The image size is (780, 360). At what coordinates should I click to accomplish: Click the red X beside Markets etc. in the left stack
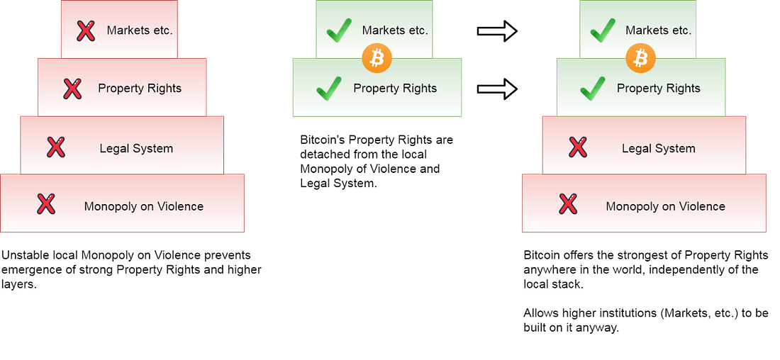point(86,31)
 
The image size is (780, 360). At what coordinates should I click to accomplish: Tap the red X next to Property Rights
point(72,89)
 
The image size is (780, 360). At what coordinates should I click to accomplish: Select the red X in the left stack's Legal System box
point(56,147)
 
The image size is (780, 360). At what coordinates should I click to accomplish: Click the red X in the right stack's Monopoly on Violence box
point(567,204)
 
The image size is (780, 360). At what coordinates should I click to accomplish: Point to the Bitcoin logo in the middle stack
point(377,59)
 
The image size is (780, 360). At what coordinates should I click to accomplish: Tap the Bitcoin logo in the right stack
point(640,59)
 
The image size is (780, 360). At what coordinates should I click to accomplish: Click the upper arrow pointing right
point(498,31)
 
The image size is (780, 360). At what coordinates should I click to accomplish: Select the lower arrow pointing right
point(498,89)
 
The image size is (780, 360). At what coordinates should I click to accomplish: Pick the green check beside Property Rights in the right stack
point(593,89)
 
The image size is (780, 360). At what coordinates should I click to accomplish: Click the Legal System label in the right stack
point(659,149)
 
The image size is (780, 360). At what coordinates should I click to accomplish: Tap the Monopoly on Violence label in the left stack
point(144,206)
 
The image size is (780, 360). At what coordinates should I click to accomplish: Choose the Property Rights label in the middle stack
point(395,89)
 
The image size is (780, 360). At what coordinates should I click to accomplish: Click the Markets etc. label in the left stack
point(140,30)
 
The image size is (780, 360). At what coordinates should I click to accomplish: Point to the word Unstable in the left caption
point(22,255)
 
